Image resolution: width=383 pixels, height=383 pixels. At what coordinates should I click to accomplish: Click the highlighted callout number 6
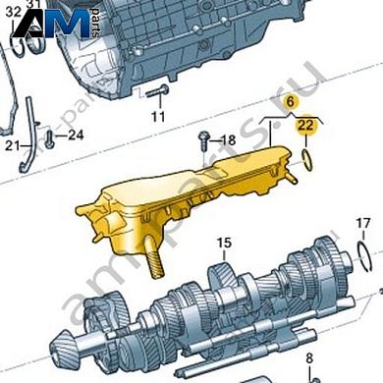pos(290,102)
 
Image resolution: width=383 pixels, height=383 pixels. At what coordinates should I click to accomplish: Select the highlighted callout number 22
pos(307,126)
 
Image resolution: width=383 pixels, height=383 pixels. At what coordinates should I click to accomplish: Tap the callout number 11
pos(158,118)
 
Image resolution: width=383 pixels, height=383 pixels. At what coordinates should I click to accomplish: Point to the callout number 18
pos(228,141)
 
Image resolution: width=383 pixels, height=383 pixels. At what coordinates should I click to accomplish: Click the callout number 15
pos(223,243)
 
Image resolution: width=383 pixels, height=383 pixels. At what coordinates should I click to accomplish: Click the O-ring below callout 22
pos(308,157)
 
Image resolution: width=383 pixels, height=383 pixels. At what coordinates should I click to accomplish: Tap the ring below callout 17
pos(365,257)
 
